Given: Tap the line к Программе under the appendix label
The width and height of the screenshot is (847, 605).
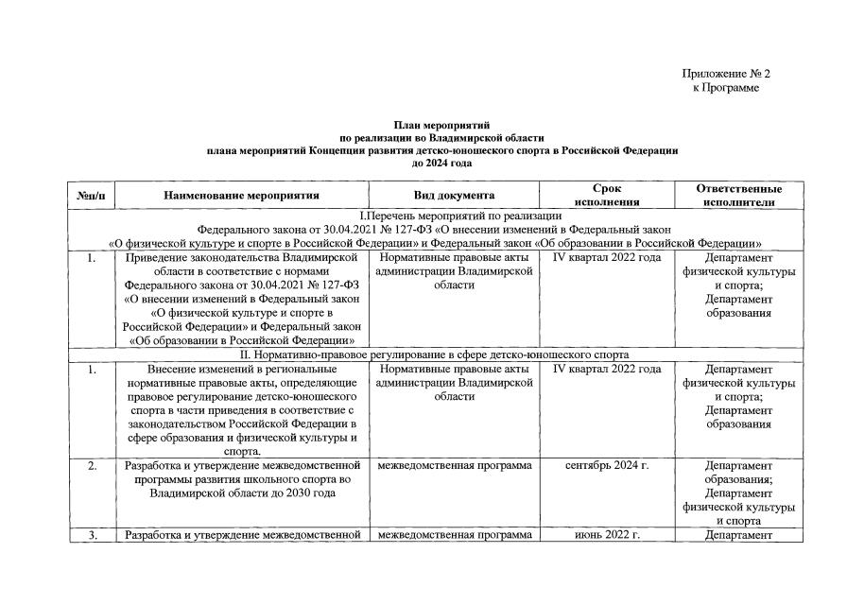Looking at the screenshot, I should pyautogui.click(x=725, y=88).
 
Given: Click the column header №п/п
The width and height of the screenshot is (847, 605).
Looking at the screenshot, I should pyautogui.click(x=92, y=196).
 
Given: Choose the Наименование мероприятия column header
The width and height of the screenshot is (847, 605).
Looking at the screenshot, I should pyautogui.click(x=241, y=196).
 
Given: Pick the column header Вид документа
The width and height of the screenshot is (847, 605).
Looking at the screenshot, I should pyautogui.click(x=455, y=196).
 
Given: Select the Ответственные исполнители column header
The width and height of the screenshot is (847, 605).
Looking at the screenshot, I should pyautogui.click(x=739, y=196).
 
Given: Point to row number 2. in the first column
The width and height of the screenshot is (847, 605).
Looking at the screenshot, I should pyautogui.click(x=92, y=466).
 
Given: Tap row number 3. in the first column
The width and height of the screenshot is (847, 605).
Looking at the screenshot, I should pyautogui.click(x=92, y=536).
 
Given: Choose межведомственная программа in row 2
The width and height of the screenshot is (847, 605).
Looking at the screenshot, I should pyautogui.click(x=455, y=466).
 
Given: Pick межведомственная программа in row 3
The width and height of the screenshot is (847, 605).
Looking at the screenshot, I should pyautogui.click(x=455, y=536).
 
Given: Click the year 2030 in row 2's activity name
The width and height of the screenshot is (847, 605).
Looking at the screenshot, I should pyautogui.click(x=295, y=493).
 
